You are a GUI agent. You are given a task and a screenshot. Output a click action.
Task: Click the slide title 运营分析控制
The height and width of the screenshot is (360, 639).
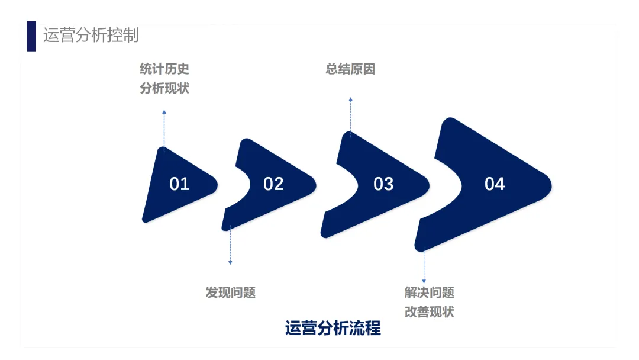[91, 35]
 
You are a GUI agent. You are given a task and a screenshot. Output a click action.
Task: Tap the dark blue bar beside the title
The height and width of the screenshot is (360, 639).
[31, 36]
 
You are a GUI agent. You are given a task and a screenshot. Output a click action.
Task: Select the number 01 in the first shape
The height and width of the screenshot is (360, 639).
[179, 184]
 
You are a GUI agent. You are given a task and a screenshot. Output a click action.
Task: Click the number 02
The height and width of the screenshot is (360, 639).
[273, 184]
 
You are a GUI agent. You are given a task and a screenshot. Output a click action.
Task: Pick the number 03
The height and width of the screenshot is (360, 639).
[383, 184]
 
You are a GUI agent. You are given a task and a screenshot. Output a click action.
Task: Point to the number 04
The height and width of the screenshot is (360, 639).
[495, 184]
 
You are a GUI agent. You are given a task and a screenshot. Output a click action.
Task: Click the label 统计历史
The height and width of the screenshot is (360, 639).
[164, 69]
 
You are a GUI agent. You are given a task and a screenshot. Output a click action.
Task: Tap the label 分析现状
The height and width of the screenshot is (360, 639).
[164, 89]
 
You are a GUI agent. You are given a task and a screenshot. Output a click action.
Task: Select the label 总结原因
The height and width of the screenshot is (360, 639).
[350, 69]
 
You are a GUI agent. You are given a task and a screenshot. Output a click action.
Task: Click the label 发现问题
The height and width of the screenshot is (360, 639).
[231, 292]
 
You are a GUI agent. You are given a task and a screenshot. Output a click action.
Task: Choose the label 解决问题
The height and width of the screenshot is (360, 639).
[430, 292]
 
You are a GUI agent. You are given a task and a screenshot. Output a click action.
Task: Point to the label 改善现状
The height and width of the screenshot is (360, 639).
[430, 312]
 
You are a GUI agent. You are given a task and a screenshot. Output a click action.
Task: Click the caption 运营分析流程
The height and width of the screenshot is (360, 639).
[333, 328]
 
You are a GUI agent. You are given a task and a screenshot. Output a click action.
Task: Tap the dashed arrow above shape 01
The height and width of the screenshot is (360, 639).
[164, 127]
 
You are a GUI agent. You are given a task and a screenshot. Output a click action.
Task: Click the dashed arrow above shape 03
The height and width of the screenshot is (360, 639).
[350, 115]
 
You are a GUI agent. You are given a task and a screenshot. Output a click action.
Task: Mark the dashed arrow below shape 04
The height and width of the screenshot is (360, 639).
[424, 266]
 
